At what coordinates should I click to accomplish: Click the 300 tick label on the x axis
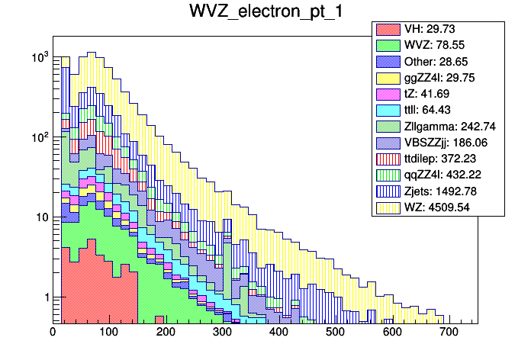[222, 333]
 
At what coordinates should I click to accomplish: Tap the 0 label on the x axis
[53, 333]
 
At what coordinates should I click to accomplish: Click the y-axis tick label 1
[43, 297]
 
